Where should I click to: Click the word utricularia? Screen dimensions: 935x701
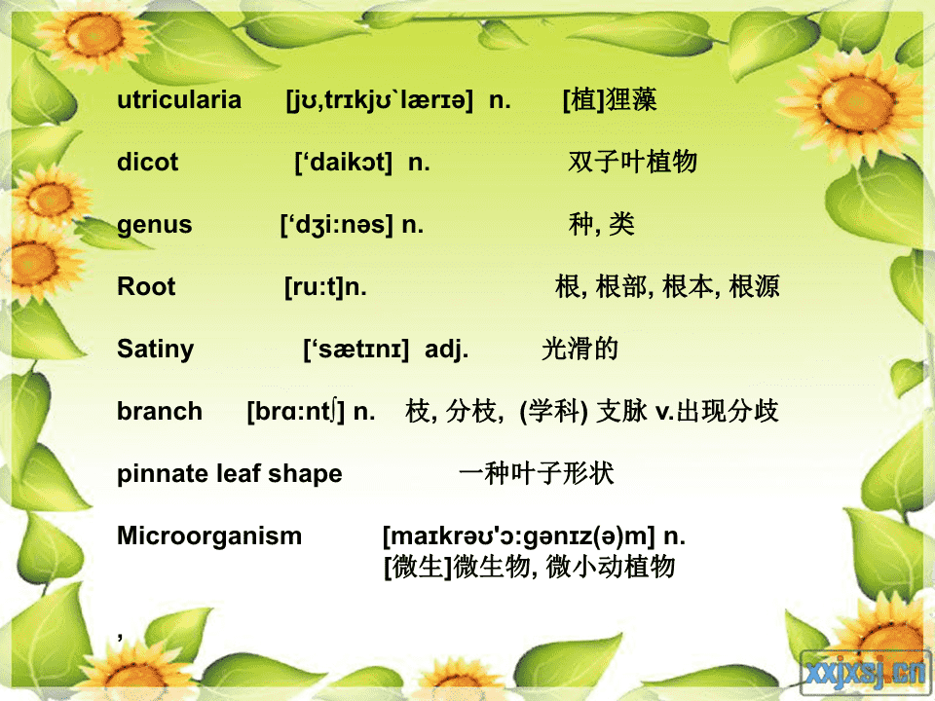point(179,99)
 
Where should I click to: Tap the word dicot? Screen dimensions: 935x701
point(147,162)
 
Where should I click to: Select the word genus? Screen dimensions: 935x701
point(155,225)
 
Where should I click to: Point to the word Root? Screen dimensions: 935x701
point(146,286)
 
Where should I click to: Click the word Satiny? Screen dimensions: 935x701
point(156,350)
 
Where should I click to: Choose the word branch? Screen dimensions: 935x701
point(160,411)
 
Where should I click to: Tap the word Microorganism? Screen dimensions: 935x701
point(209,535)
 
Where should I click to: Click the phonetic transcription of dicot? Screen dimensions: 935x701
point(344,163)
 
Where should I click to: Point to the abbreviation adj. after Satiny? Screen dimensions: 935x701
point(447,350)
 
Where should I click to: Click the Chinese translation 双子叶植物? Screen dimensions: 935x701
point(632,162)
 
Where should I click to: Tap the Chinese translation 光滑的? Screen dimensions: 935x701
point(580,349)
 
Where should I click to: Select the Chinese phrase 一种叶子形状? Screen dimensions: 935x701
point(536,473)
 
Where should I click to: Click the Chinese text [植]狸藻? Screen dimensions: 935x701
point(610,99)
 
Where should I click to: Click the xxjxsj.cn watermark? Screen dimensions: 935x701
point(866,673)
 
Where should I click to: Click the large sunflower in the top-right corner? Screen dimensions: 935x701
point(856,105)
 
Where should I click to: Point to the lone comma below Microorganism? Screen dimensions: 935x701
point(121,637)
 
